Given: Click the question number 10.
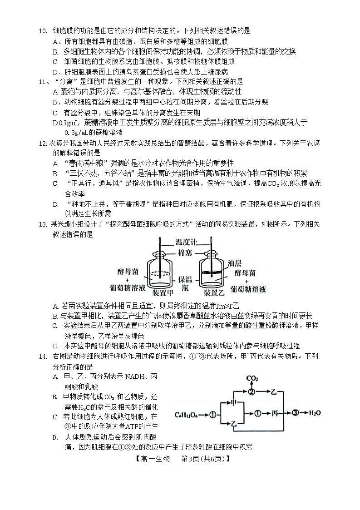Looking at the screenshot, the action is (42, 31).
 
